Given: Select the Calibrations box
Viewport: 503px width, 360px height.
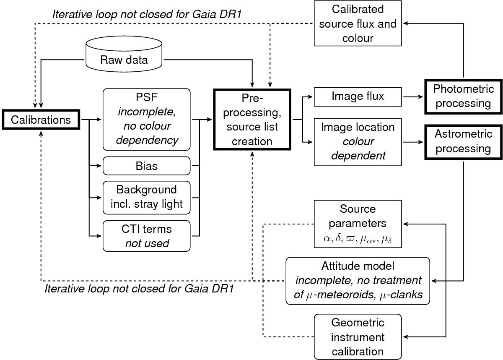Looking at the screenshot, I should tap(41, 120).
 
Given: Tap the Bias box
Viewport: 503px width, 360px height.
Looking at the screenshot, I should tap(146, 166).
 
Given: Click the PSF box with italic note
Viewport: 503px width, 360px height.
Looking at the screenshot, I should tap(146, 119).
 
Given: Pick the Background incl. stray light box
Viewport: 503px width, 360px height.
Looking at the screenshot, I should tap(146, 196).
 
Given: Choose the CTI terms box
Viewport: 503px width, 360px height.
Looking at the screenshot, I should tap(146, 236).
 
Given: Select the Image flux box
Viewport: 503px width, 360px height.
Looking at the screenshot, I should tap(358, 97).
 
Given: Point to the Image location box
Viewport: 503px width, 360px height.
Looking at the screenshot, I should tap(358, 142).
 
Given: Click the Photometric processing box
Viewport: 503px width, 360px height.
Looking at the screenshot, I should tap(464, 96).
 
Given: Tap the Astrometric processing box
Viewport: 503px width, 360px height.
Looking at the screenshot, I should tap(464, 142).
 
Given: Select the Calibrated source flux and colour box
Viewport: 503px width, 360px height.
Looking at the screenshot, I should tap(358, 23).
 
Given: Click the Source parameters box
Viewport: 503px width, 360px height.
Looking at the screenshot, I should tap(358, 224).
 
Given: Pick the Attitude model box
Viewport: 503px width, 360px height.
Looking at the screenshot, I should tap(358, 281).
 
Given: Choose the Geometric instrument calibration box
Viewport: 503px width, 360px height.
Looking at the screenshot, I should tap(358, 337).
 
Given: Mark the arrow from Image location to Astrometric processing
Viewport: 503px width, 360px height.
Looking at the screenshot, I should tap(413, 142).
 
